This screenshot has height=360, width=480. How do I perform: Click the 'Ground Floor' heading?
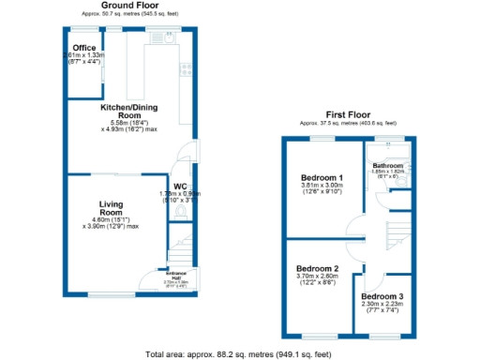[128, 7]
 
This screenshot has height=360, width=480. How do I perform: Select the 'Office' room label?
[85, 48]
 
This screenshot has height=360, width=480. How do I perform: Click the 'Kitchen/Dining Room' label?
[127, 112]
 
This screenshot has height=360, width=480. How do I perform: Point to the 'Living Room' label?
[112, 208]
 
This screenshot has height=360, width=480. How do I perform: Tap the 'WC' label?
[180, 186]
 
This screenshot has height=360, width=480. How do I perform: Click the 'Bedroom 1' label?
[322, 177]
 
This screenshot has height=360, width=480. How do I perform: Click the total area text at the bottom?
[239, 354]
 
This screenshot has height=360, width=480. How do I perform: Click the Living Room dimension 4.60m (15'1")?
[112, 219]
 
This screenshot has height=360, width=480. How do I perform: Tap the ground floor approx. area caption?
[128, 15]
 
